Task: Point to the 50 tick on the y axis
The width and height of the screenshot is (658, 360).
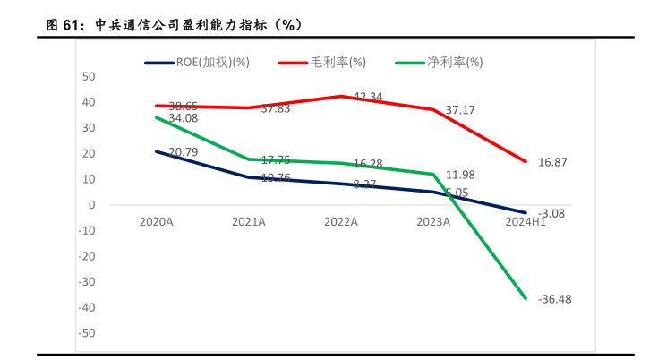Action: click(89, 76)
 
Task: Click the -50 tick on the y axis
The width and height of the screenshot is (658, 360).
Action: click(87, 333)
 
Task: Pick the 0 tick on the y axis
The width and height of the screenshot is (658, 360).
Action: click(91, 204)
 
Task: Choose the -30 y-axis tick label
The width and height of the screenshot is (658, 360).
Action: click(87, 282)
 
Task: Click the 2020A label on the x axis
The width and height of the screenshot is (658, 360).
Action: click(156, 221)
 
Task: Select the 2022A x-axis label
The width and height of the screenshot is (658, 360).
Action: click(341, 221)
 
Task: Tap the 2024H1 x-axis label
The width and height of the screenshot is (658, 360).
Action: click(526, 221)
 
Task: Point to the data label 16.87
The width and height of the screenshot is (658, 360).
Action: click(553, 162)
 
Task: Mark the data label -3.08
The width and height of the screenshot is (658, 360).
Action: click(552, 213)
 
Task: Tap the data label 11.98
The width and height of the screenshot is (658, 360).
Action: click(460, 174)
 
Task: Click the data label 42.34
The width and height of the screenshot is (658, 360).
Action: click(368, 97)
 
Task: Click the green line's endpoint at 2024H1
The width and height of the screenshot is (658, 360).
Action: click(526, 298)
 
